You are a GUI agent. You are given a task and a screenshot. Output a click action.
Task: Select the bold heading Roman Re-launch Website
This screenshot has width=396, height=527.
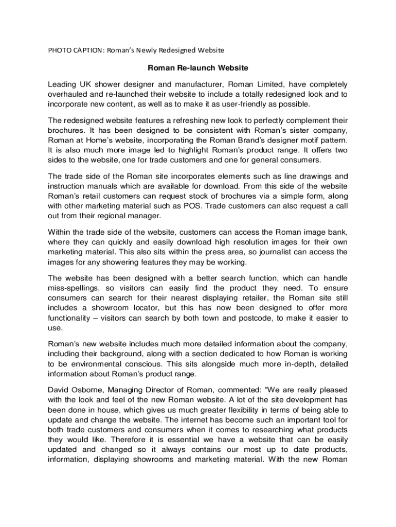(x=198, y=68)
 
